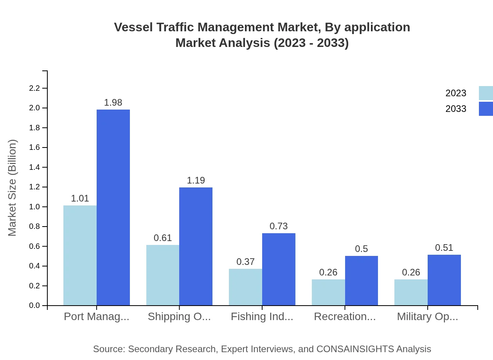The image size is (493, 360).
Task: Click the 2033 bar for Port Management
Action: click(x=113, y=207)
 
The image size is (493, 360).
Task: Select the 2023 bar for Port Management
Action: click(x=80, y=255)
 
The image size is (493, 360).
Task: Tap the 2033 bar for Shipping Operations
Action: click(x=196, y=246)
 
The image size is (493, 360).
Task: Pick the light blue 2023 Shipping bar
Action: click(x=163, y=275)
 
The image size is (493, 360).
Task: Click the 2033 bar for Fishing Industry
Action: click(x=279, y=269)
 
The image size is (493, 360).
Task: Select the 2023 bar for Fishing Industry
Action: click(x=245, y=287)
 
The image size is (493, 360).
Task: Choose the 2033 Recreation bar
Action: click(x=362, y=281)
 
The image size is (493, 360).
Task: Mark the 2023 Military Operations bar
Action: click(x=411, y=292)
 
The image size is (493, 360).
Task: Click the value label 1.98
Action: click(x=113, y=103)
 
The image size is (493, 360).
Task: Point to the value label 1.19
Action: click(x=196, y=180)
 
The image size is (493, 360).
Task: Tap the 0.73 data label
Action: click(x=279, y=226)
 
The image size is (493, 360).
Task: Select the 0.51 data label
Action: click(x=444, y=248)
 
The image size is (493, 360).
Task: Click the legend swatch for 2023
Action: click(x=486, y=93)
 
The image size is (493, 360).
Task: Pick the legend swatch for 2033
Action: click(x=486, y=109)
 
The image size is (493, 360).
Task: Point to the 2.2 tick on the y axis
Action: click(x=35, y=88)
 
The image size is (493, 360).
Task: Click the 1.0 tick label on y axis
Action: click(x=35, y=207)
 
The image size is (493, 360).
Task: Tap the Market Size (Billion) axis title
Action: click(x=13, y=188)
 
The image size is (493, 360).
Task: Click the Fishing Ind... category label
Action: click(x=262, y=317)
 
